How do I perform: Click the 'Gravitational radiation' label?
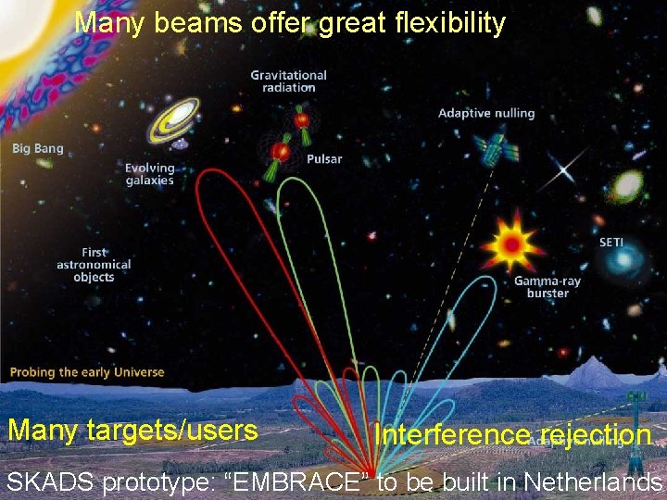click(x=288, y=81)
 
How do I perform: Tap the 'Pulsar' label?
click(x=324, y=159)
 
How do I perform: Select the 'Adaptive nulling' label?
click(x=486, y=113)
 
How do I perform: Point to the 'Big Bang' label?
click(x=38, y=148)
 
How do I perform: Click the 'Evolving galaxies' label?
click(x=149, y=174)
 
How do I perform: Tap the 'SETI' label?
click(x=611, y=243)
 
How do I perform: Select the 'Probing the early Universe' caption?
click(x=87, y=372)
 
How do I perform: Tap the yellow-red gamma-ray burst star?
click(x=511, y=244)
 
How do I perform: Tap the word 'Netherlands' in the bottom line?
click(x=593, y=481)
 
